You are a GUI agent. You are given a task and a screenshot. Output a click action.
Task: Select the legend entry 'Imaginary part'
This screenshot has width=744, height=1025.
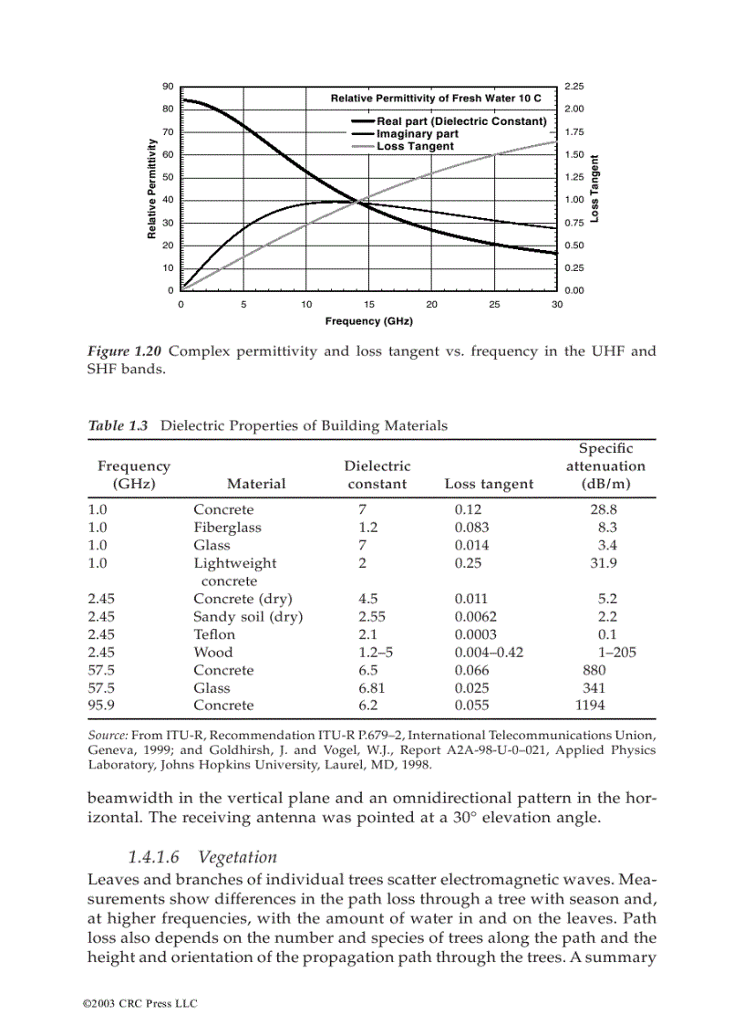[418, 134]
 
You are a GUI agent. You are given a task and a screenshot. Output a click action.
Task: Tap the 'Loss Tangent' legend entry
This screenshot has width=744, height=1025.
[415, 146]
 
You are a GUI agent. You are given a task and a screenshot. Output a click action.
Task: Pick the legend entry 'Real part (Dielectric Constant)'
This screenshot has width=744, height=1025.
[461, 121]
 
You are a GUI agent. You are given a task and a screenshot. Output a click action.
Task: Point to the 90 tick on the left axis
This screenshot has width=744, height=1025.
[168, 87]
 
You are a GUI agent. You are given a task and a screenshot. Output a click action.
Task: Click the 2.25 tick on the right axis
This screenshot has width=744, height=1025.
[574, 87]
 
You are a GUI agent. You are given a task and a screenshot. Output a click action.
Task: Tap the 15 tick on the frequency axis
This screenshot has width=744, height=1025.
[369, 304]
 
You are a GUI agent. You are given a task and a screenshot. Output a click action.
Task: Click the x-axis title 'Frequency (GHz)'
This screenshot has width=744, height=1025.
[368, 321]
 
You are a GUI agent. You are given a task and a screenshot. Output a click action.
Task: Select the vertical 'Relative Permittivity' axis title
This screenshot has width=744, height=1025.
[151, 190]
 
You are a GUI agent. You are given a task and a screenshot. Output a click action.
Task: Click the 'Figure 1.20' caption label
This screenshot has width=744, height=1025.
[124, 351]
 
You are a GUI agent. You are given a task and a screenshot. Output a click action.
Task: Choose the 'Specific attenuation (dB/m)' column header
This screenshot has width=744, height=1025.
[604, 466]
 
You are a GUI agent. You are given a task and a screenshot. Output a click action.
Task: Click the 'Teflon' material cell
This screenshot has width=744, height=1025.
[214, 634]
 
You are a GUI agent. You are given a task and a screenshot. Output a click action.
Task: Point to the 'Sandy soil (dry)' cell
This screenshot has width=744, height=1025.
[248, 617]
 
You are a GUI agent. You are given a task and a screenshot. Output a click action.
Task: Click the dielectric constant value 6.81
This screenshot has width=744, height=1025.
[372, 688]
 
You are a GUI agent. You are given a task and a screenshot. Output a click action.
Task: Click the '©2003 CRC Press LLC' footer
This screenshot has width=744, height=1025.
[139, 1003]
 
